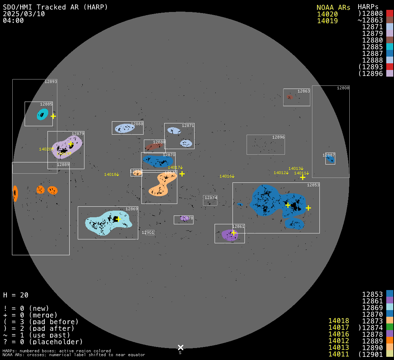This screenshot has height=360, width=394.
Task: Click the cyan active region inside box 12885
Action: tap(42, 114)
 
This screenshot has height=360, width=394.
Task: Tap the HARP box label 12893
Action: tap(51, 82)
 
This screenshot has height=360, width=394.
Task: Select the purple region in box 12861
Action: tap(229, 235)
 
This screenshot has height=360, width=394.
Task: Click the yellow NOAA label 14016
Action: tap(227, 176)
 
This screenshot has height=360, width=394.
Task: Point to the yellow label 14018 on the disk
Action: tap(111, 174)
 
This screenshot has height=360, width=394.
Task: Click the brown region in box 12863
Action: tap(290, 97)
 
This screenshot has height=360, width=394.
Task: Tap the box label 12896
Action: tap(278, 137)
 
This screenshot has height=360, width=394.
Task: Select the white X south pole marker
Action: tap(180, 347)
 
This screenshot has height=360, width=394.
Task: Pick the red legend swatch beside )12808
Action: tap(389, 14)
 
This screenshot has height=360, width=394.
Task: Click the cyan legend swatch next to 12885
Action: tap(389, 47)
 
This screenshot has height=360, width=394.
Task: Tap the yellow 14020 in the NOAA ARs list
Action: tap(327, 14)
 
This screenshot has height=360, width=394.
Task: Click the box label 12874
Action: tap(211, 198)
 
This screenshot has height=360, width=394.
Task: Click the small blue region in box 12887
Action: tap(330, 160)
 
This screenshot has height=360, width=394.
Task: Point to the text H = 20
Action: tap(16, 295)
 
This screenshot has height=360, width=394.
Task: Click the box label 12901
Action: tap(148, 232)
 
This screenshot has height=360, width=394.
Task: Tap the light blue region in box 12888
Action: tap(124, 128)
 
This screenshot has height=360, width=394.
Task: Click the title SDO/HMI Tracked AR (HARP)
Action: tap(55, 7)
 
